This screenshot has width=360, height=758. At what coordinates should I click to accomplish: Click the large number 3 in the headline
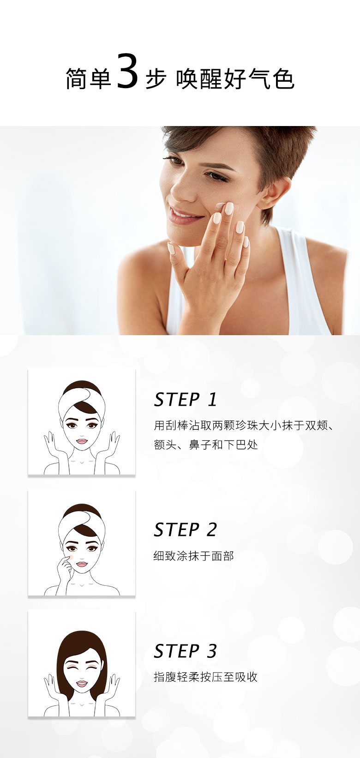point(127,72)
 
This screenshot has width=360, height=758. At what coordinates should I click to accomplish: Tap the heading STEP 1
point(185,400)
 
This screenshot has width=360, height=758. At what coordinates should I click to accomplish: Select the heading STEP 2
point(185,529)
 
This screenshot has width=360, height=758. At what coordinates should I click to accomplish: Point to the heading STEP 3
point(185,651)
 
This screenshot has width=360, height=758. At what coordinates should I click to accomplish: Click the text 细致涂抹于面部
point(193,556)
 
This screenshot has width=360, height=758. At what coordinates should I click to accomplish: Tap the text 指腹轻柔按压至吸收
point(205,677)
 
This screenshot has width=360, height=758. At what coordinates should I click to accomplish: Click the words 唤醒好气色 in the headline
point(235,79)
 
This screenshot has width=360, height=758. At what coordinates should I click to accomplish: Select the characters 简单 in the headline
point(88,79)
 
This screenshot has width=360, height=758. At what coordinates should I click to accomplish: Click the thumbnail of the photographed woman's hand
point(172,248)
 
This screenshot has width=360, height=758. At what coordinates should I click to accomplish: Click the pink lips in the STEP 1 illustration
point(82,441)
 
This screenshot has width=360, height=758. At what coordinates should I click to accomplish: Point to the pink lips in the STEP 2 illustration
point(82,564)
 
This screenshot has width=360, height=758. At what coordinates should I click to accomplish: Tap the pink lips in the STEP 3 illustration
point(82,684)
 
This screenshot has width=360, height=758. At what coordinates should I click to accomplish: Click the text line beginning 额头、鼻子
point(206,445)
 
